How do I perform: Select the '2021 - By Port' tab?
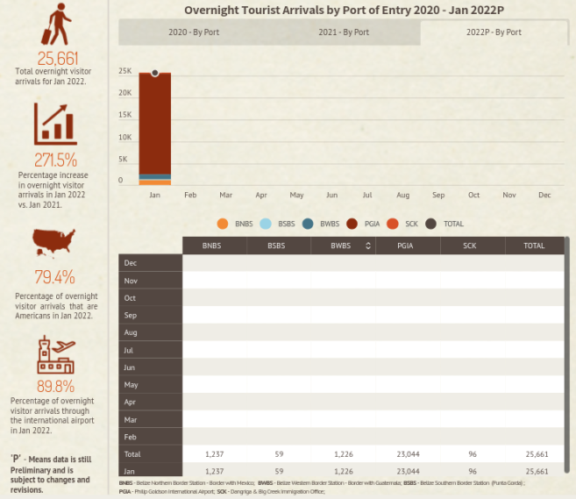[343, 32]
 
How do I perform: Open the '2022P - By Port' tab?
[494, 32]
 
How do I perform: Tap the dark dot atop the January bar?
[155, 73]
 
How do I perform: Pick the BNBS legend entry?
[234, 224]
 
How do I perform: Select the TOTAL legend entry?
[444, 224]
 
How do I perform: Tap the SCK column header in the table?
[472, 246]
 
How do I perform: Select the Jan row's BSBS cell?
[279, 471]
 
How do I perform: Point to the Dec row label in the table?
[131, 263]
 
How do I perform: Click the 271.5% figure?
[56, 160]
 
